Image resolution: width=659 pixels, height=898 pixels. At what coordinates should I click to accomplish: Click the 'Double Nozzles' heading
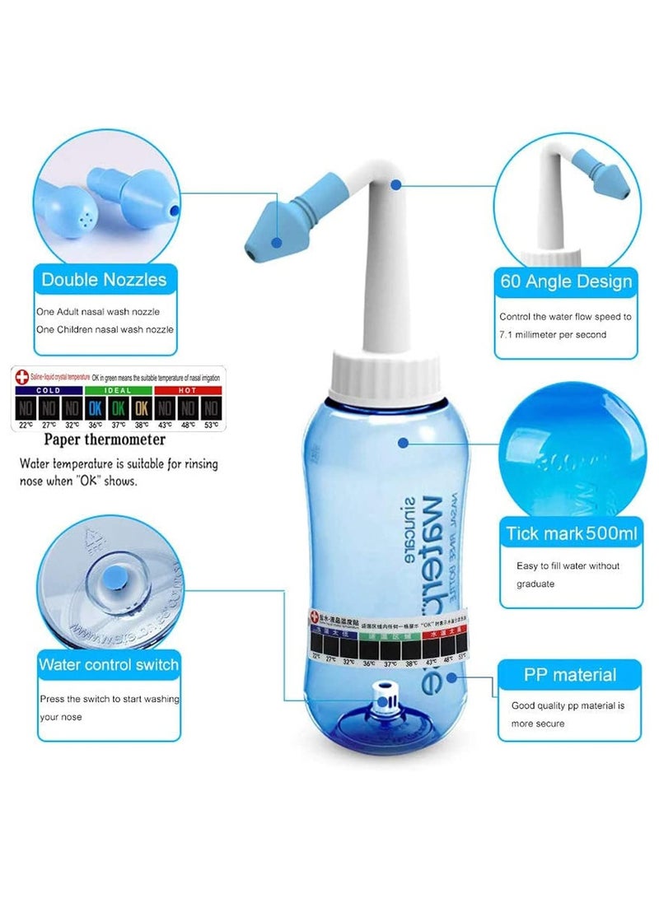104,280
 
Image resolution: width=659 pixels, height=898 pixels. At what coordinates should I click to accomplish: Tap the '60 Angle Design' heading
566,281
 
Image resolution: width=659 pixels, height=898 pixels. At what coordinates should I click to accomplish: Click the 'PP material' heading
569,675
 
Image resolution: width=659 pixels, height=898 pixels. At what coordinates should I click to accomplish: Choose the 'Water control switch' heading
108,663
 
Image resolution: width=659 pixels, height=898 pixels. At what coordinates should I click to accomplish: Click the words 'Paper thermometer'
105,440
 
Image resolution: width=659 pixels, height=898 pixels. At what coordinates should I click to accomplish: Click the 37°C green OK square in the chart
119,407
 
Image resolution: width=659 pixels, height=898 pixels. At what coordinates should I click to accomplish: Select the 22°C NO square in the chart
26,407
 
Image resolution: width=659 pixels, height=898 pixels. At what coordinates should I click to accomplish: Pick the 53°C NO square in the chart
210,407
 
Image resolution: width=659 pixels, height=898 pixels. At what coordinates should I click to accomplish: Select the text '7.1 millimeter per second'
552,334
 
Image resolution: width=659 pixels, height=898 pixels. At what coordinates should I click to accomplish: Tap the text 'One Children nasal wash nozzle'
105,329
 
